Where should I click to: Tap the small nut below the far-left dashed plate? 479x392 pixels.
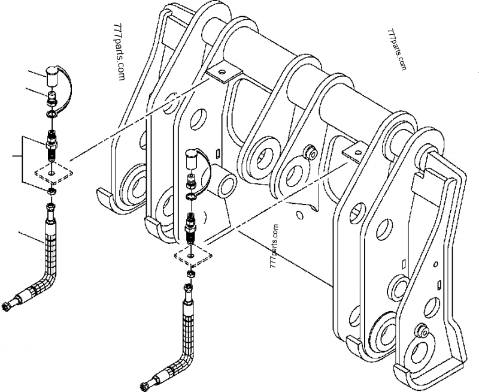coord(52,191)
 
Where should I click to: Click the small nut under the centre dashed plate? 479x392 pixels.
coord(190,274)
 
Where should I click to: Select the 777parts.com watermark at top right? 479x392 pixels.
coord(397,49)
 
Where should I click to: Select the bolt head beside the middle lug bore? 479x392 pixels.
coord(310,153)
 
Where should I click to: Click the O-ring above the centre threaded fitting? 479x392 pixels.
coord(192,195)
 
